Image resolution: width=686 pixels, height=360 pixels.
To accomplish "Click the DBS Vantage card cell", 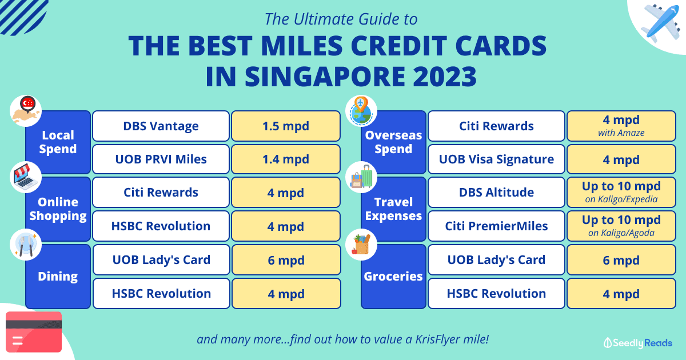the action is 161,126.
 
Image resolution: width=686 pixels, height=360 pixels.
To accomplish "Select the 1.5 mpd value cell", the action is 286,126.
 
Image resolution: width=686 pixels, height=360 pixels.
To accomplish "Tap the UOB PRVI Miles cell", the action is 161,159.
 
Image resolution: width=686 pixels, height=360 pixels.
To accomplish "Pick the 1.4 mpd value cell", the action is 286,159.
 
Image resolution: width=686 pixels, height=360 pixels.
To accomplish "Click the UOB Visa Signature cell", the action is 496,159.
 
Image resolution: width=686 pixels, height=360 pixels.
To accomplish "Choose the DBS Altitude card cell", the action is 496,192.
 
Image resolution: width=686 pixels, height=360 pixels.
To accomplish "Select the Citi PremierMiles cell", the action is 496,226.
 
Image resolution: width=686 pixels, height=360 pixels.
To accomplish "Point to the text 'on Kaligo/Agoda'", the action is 621,233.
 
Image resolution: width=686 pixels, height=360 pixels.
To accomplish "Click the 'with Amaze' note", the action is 621,133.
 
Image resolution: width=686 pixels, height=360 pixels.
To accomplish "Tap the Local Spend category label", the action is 58,142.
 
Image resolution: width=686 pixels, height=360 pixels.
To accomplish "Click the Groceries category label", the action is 393,276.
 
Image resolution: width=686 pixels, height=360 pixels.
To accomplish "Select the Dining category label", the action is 58,276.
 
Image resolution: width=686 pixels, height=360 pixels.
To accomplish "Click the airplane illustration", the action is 662,23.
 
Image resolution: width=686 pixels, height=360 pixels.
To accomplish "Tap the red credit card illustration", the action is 34,332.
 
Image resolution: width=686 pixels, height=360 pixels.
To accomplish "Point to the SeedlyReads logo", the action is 637,343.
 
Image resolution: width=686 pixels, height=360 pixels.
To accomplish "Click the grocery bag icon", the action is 361,245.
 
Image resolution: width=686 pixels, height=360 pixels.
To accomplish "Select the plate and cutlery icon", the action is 26,245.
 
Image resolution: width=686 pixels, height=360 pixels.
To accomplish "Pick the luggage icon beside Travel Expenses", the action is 361,177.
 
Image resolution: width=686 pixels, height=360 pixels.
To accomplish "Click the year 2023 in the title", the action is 445,77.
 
